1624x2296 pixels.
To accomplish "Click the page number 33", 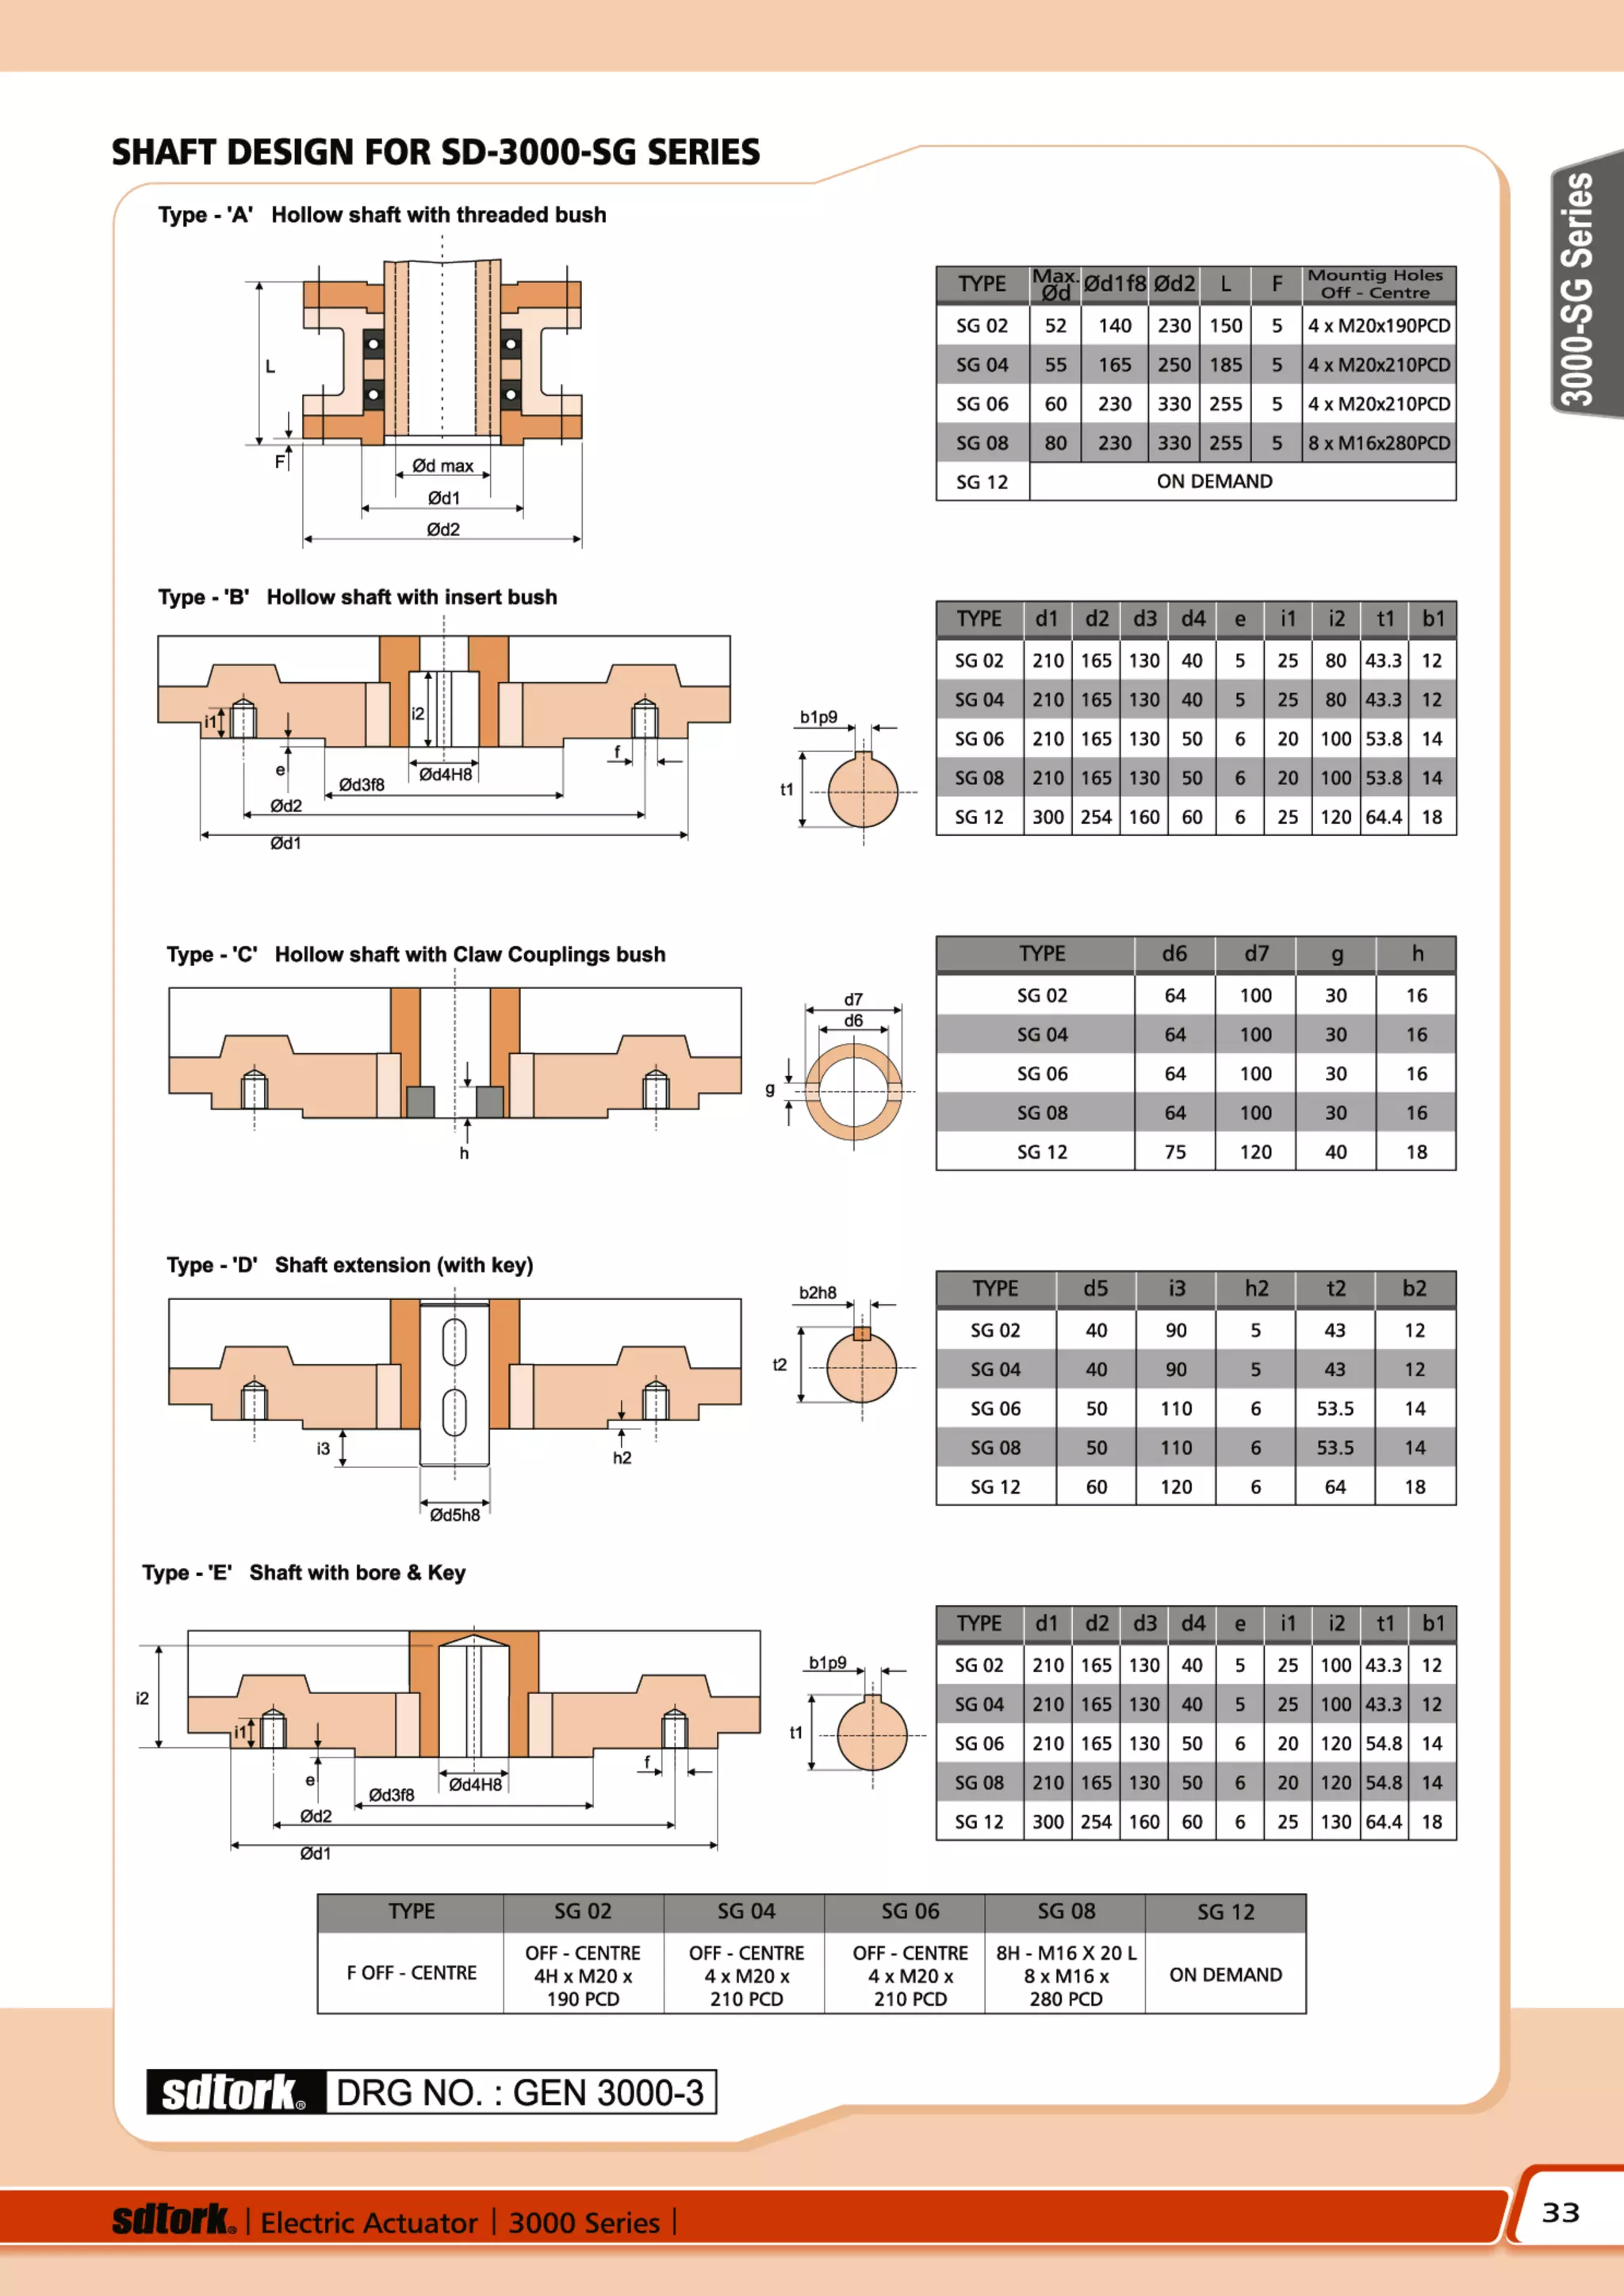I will [x=1560, y=2212].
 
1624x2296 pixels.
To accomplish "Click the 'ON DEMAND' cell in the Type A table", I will [x=1214, y=481].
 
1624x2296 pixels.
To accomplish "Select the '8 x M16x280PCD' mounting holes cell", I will [x=1378, y=443].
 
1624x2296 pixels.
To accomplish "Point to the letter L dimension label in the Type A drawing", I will [x=270, y=367].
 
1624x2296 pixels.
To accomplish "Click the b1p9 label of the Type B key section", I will [x=818, y=717].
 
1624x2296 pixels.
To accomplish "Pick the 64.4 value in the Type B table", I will [x=1383, y=817].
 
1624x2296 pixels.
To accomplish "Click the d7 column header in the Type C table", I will [x=1255, y=954].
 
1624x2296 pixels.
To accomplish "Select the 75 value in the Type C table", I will [x=1175, y=1152].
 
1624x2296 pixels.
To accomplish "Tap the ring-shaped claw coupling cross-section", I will [x=853, y=1092].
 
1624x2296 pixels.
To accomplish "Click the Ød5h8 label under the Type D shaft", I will [x=454, y=1515].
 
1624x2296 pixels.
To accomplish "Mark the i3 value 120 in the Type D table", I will [x=1176, y=1487].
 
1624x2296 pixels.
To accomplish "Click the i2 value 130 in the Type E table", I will [x=1335, y=1822].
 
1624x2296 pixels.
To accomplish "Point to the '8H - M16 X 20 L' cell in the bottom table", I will [x=1065, y=1953].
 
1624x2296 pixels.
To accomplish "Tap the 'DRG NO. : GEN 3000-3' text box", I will [x=520, y=2092].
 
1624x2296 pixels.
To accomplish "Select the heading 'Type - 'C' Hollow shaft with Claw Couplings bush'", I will [x=415, y=954].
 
